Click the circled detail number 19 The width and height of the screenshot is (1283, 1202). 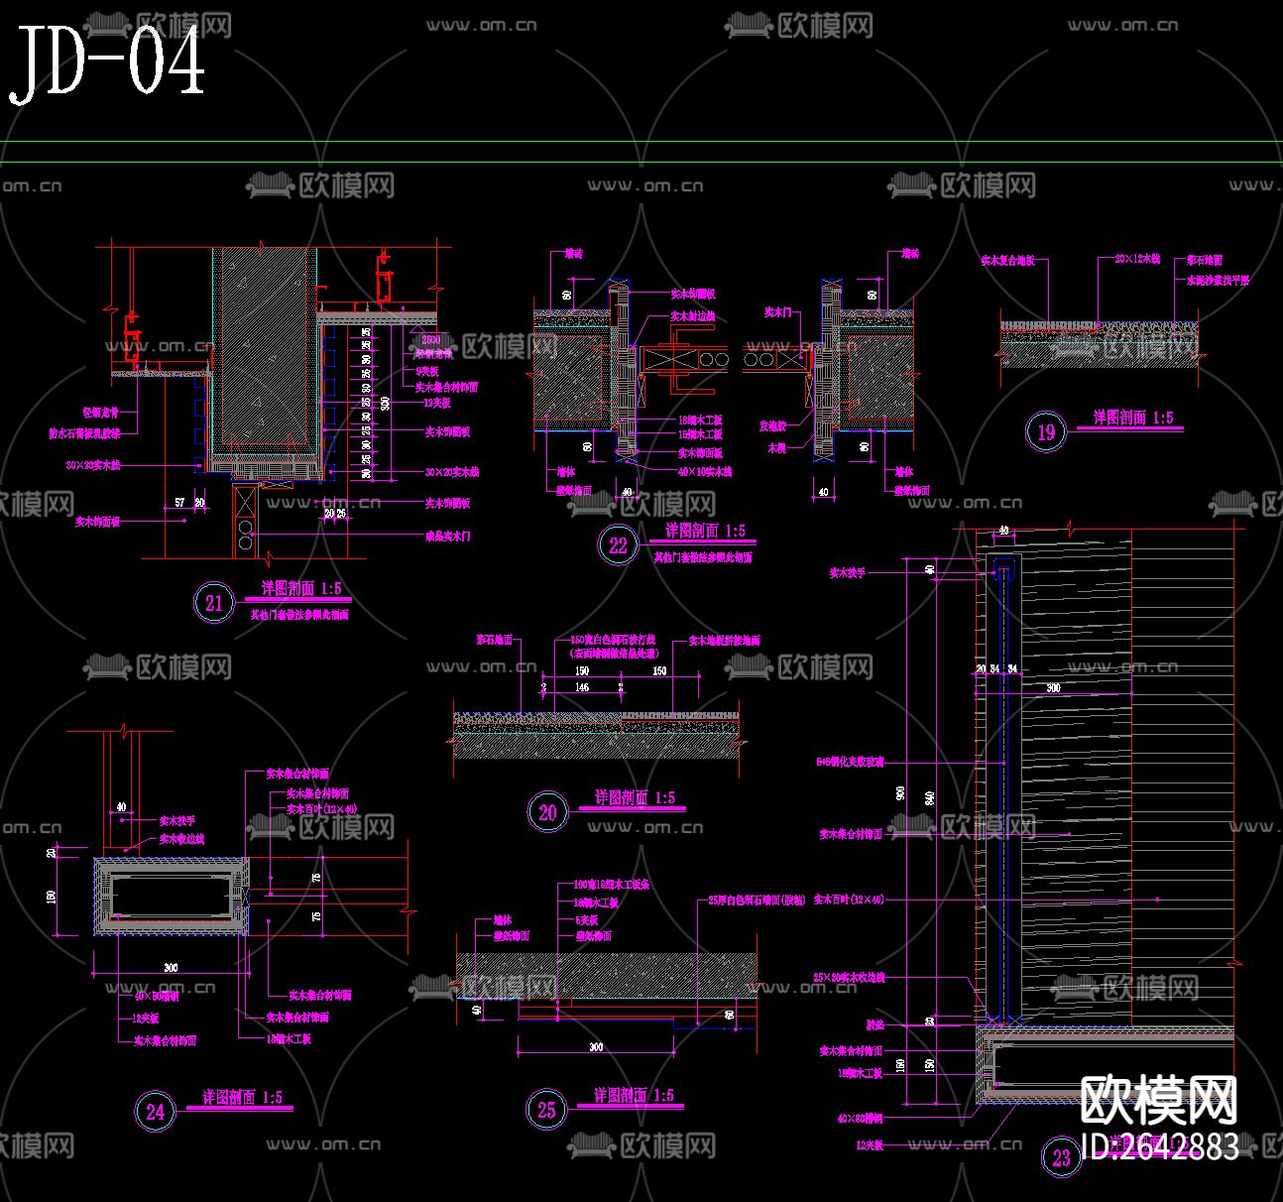coord(1046,431)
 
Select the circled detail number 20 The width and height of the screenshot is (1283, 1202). coord(547,812)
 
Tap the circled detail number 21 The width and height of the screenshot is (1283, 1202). coord(214,602)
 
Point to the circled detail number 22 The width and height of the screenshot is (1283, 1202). coord(619,544)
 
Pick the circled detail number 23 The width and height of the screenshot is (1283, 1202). coord(1062,1157)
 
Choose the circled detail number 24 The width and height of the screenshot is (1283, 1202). coord(156,1112)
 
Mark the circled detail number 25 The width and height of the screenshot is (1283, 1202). coord(547,1110)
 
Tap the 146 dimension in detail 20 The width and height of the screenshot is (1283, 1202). coord(582,686)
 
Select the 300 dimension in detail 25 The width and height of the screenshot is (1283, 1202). coord(595,1047)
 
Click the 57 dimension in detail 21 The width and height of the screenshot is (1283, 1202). coord(179,503)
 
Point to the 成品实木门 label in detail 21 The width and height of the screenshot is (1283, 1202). coord(448,536)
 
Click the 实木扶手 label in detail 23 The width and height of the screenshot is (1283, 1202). coord(848,572)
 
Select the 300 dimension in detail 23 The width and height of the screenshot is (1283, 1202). coord(1052,686)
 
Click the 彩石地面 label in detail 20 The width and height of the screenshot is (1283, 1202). coord(494,641)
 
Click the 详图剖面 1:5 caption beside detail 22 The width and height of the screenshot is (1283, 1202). coord(705,532)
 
